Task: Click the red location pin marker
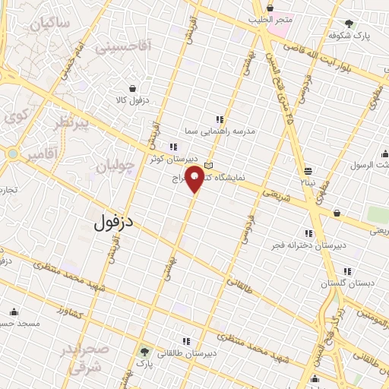195,179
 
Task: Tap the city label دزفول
115,223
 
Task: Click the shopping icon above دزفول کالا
133,88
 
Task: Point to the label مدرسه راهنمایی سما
226,131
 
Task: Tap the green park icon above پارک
144,352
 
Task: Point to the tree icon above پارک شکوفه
349,24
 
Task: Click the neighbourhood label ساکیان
50,24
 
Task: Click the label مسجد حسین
20,323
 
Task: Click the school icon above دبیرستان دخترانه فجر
308,233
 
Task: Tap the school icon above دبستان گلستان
347,270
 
